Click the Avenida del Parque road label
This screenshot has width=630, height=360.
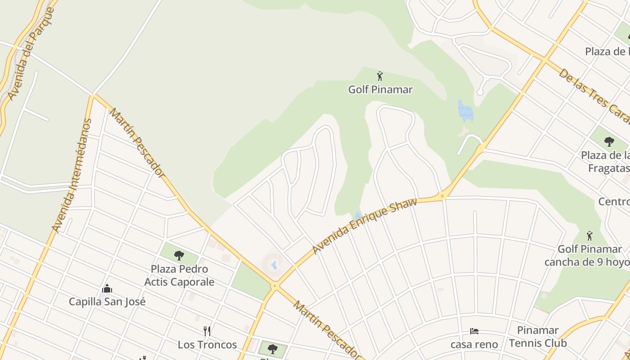tap(31, 54)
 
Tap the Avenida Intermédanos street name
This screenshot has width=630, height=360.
tap(72, 175)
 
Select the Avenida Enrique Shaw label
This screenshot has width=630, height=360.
tap(364, 225)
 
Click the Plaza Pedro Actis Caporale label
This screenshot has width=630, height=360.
tap(179, 275)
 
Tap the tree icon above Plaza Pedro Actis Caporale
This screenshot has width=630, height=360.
tap(179, 256)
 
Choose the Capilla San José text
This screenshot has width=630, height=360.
tap(107, 301)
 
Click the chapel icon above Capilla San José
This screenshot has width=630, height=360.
tap(107, 288)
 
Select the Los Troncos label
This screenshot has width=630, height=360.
tap(207, 345)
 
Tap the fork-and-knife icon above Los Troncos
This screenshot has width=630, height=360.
tap(207, 331)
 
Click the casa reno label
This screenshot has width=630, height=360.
tap(474, 345)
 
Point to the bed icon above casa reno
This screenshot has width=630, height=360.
tap(474, 331)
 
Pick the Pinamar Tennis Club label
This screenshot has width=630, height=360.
tap(538, 337)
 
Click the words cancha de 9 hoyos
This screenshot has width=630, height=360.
tap(587, 262)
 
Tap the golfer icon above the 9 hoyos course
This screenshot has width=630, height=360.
tap(589, 235)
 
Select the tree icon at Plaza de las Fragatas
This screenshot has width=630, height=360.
tap(609, 142)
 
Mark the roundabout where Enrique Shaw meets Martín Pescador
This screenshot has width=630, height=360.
tap(274, 285)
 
